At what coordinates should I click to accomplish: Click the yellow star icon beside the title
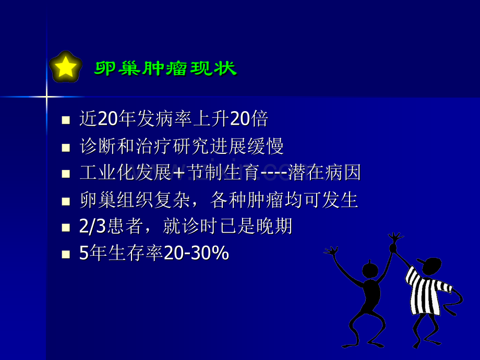[65, 67]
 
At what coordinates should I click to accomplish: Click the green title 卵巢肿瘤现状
[165, 68]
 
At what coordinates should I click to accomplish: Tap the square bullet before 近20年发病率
[65, 120]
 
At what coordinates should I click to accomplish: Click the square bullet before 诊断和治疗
[65, 147]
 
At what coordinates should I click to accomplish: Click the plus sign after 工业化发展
[178, 173]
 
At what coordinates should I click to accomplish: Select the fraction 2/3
[92, 226]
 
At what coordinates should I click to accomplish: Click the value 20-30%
[197, 254]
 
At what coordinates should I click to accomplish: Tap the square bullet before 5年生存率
[65, 254]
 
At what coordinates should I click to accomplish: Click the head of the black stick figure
[370, 270]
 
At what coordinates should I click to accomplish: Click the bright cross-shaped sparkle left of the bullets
[46, 97]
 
